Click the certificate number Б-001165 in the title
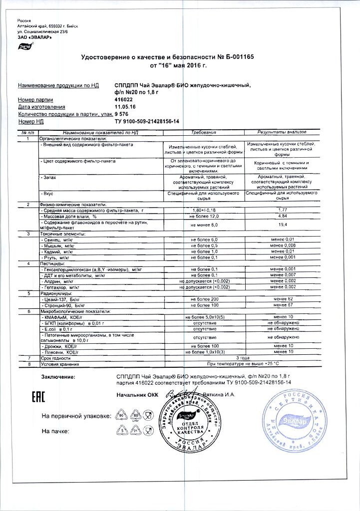(x=237, y=57)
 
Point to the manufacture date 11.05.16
(x=125, y=107)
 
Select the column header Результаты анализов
(x=282, y=133)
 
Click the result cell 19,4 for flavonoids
(x=282, y=225)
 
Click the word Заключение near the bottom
(x=58, y=376)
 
